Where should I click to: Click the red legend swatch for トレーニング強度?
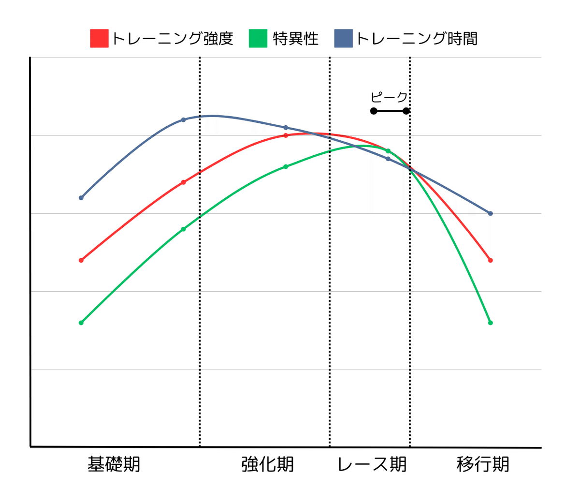point(99,39)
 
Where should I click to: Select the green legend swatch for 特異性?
point(258,39)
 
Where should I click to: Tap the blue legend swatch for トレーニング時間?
point(343,39)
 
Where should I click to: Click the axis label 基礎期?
point(114,464)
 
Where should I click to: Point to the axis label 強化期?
point(267,464)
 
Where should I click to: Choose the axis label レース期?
point(372,464)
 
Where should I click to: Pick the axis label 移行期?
point(483,464)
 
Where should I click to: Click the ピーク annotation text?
point(389,97)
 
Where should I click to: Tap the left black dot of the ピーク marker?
point(374,111)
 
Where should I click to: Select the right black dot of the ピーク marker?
point(406,111)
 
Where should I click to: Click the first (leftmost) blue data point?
point(81,198)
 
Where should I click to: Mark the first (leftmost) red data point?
point(81,260)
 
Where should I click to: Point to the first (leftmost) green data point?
point(81,323)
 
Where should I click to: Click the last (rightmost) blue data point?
point(491,213)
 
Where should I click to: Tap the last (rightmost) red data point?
point(491,260)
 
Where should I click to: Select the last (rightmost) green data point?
point(491,323)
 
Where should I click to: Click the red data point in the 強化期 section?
point(286,135)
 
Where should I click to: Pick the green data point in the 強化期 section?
point(286,166)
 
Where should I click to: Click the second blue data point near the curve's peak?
point(183,119)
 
